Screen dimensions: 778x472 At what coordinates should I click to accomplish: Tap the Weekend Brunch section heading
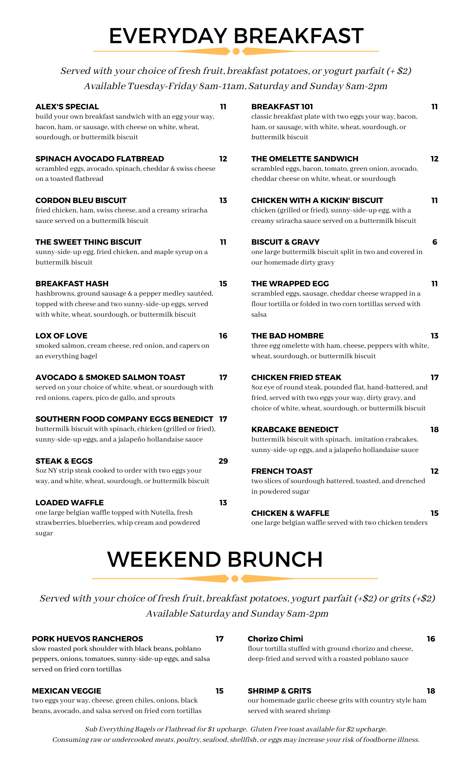click(215, 560)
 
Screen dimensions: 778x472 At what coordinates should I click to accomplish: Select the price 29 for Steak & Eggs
click(223, 461)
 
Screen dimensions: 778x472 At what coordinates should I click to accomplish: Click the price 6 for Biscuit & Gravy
click(435, 242)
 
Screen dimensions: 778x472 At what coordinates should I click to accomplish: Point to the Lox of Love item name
click(61, 336)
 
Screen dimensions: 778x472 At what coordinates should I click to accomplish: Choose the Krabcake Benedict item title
click(295, 429)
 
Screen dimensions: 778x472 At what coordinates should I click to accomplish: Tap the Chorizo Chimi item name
click(275, 639)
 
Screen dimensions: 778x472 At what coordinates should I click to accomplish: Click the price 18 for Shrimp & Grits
click(431, 691)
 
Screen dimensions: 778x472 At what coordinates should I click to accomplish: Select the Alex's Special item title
click(67, 107)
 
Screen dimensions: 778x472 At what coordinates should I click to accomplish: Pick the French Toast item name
click(282, 471)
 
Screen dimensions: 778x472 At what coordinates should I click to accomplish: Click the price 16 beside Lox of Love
click(223, 336)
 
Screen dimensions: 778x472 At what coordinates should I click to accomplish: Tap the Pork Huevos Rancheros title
click(87, 639)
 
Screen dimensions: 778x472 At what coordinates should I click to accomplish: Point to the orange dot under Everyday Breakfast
click(236, 51)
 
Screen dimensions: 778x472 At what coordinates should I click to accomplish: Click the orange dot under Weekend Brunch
click(235, 579)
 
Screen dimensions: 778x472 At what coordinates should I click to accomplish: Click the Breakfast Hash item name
click(72, 284)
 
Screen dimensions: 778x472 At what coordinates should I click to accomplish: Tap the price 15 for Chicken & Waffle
click(435, 513)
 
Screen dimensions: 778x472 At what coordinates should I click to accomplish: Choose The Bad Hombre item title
click(287, 336)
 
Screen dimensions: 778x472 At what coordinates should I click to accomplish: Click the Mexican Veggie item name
click(66, 691)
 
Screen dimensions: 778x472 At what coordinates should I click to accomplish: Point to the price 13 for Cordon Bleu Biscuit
click(223, 200)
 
